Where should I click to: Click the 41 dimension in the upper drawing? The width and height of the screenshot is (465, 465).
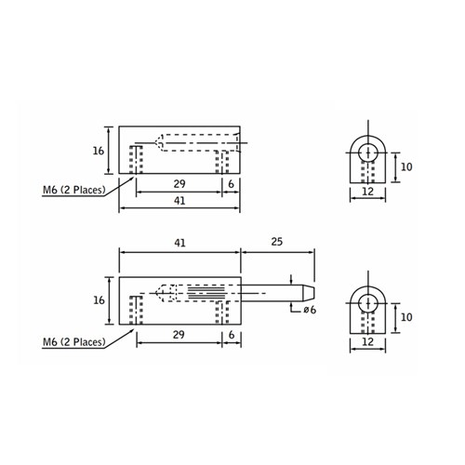click(x=179, y=201)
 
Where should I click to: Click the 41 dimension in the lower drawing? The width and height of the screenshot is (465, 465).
click(x=179, y=243)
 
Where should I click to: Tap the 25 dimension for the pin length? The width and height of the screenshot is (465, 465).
click(x=276, y=243)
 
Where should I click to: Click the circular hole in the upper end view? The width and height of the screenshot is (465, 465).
click(x=368, y=152)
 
